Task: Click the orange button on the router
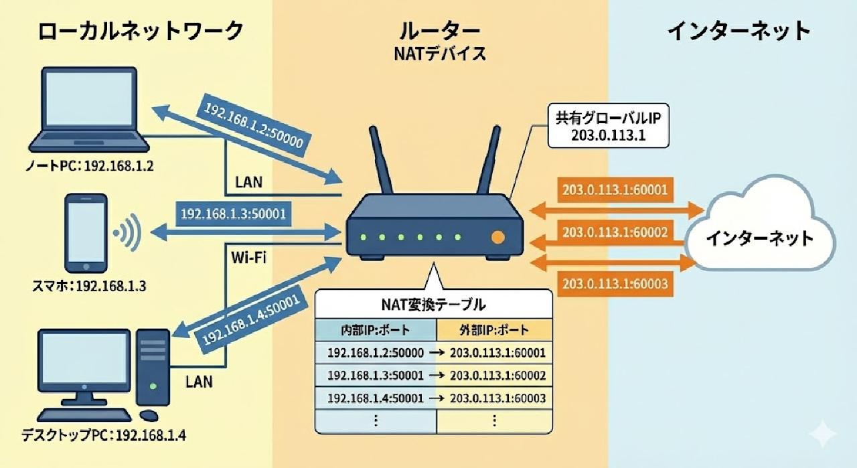coord(497,237)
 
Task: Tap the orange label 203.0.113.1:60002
coord(615,232)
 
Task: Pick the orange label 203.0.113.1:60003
coord(615,283)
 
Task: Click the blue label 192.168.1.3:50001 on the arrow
coord(234,214)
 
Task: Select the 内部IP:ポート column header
coord(376,329)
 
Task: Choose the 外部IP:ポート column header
coord(495,329)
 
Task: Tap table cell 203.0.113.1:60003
coord(495,398)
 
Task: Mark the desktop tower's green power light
coord(153,386)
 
